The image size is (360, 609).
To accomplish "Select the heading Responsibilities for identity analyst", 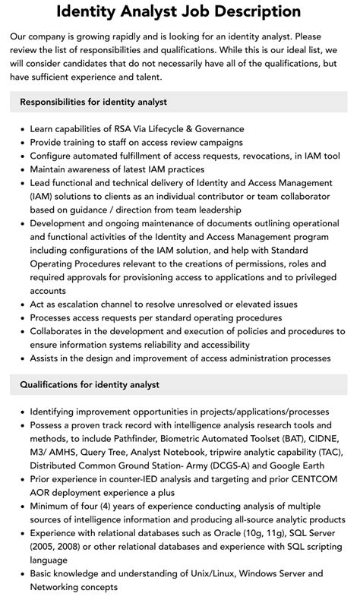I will click(93, 102).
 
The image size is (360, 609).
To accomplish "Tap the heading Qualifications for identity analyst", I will click(90, 385).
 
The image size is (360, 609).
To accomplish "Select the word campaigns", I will click(216, 142).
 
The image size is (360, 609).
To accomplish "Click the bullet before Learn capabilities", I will click(21, 129).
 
